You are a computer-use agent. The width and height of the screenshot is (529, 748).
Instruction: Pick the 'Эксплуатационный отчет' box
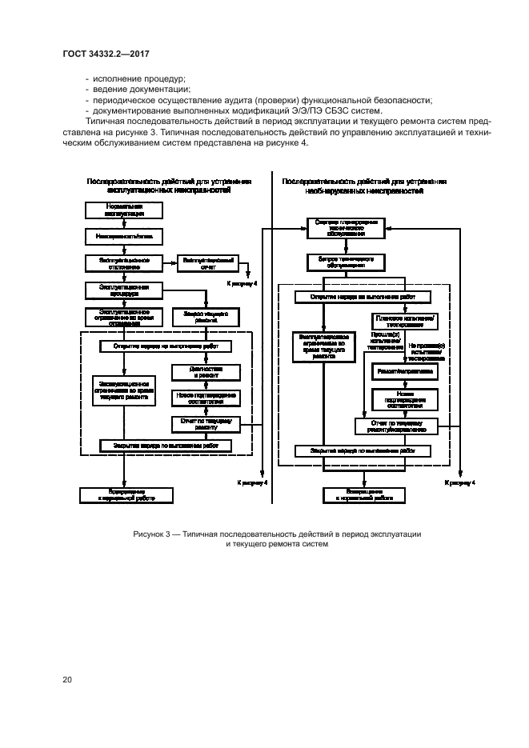point(206,263)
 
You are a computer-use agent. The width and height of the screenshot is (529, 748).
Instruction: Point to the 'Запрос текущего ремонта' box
point(206,315)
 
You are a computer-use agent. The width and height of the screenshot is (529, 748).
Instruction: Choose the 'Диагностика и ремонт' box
point(206,372)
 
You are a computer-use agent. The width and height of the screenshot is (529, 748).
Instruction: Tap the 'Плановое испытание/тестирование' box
point(403,322)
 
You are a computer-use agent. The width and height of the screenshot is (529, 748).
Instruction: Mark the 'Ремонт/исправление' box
point(403,372)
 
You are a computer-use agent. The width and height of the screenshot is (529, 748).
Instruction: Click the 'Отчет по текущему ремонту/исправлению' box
point(398,425)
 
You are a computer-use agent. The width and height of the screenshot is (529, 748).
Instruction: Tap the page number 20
point(67,680)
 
